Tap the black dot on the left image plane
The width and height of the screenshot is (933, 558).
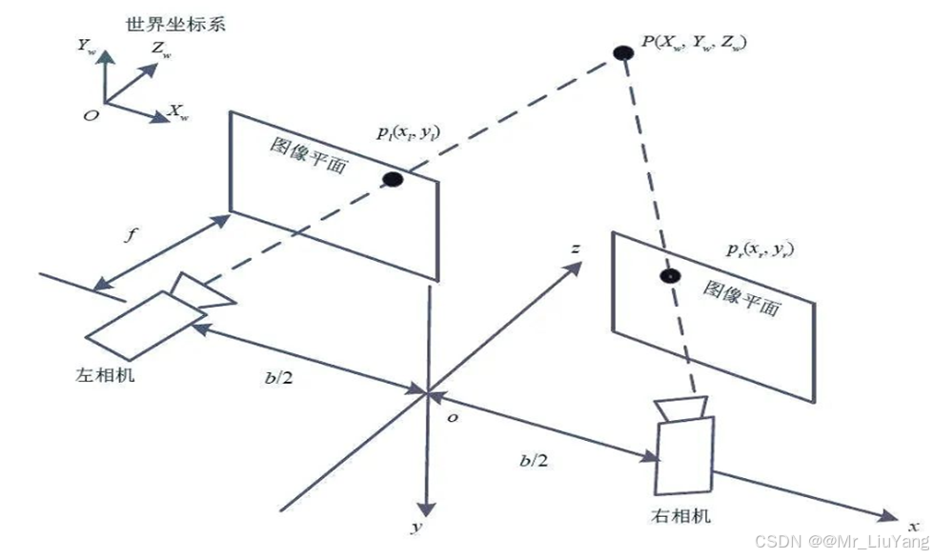tap(392, 179)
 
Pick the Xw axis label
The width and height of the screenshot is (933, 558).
tap(177, 113)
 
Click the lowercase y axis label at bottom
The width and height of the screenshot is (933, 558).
tap(416, 527)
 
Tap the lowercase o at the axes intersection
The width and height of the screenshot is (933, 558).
tap(453, 417)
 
